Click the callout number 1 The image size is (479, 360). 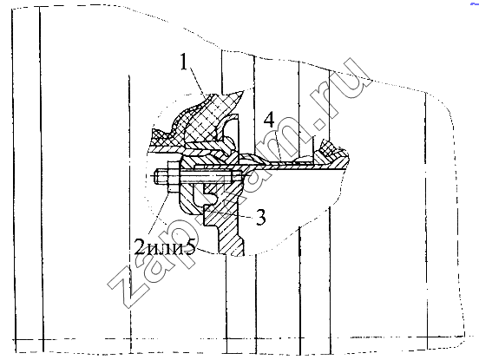pyautogui.click(x=184, y=62)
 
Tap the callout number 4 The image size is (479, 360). pyautogui.click(x=269, y=120)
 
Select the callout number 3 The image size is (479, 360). pyautogui.click(x=260, y=217)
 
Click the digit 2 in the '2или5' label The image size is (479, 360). pyautogui.click(x=140, y=246)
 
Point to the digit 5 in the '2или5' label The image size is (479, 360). pyautogui.click(x=190, y=246)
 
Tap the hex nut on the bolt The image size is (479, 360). pyautogui.click(x=174, y=177)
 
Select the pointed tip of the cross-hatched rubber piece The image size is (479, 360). pyautogui.click(x=243, y=91)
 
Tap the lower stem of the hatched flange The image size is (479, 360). pyautogui.click(x=231, y=235)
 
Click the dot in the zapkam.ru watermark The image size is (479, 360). pyautogui.click(x=319, y=125)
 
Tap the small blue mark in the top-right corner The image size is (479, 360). pyautogui.click(x=475, y=4)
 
